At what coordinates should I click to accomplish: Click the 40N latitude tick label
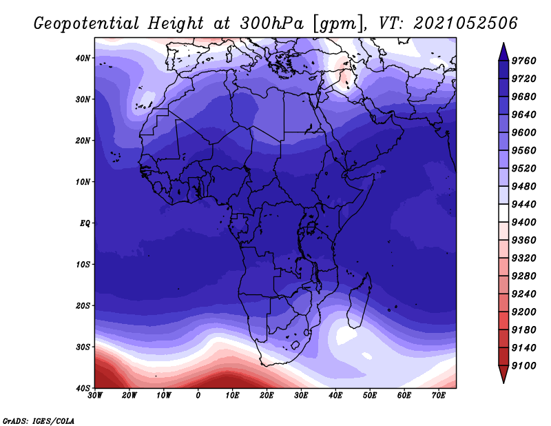83,58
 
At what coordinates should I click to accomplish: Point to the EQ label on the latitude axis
85,223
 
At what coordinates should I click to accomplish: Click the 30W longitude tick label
95,396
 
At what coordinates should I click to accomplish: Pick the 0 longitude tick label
198,396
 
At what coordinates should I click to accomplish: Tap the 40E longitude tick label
335,396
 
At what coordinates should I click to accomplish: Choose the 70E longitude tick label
439,396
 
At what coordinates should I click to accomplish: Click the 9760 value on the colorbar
523,61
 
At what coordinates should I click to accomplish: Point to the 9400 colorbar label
523,223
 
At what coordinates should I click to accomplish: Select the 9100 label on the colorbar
523,366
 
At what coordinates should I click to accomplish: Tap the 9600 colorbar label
523,132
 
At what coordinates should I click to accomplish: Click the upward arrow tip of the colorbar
503,43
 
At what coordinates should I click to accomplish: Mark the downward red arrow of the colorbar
503,374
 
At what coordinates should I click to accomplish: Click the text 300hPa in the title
272,23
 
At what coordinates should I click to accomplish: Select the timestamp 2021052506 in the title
465,23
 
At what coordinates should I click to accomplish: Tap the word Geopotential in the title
87,24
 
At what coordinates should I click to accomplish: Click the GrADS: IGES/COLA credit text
39,420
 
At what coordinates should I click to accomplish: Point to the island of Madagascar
360,301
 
